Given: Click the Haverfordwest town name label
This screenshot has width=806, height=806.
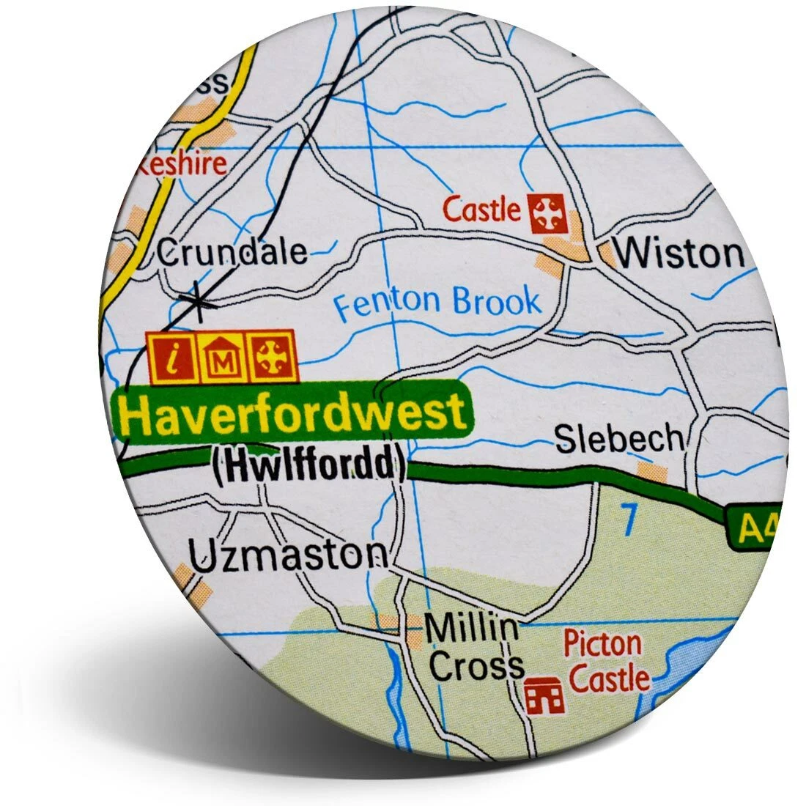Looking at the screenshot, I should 292,413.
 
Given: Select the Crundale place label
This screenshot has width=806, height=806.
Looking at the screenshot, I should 232,253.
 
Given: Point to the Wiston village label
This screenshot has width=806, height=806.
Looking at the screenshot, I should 679,254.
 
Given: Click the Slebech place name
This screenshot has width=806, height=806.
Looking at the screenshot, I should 620,439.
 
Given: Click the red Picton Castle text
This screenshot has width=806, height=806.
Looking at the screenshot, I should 605,662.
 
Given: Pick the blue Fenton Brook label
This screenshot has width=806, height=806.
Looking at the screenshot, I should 437,303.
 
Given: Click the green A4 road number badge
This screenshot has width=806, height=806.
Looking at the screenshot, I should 755,525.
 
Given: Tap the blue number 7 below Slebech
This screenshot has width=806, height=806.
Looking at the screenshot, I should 628,517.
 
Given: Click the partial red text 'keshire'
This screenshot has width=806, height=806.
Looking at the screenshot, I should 183,163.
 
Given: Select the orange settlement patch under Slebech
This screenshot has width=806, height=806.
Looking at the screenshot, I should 651,471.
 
